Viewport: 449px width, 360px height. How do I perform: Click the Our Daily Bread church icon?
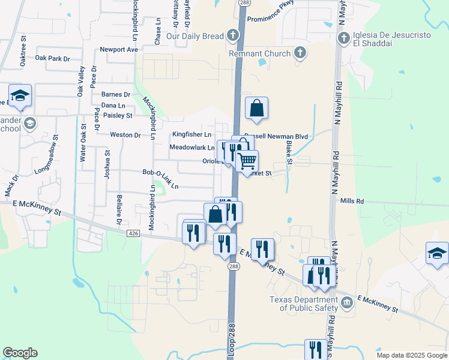pos(233,36)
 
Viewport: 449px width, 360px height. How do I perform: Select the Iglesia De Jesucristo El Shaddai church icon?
pos(344,39)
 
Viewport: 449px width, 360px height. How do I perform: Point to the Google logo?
pos(20,353)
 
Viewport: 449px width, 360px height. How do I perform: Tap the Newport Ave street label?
pos(119,49)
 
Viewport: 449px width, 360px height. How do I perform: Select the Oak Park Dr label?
pos(53,58)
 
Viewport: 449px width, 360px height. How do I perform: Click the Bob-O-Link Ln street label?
pos(160,179)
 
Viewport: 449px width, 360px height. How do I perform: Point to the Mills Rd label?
pos(352,202)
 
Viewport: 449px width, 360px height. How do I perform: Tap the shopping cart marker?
pos(247,161)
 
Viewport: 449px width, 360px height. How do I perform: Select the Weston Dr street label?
pos(125,135)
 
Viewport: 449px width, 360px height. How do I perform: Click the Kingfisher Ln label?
pos(192,134)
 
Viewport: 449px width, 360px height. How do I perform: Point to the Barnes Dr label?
pos(116,94)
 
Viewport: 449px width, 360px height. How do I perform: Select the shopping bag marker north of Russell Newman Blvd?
pos(256,109)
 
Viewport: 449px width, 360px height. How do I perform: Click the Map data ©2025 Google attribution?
pos(411,355)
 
